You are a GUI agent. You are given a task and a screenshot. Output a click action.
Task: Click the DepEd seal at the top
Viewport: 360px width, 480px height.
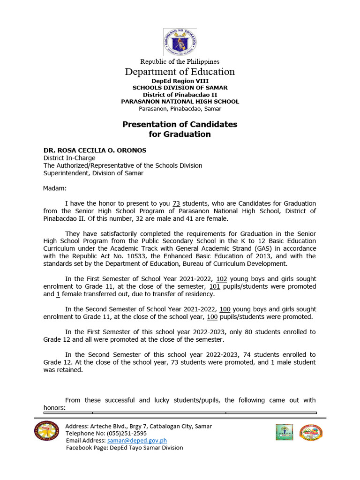[x=180, y=41]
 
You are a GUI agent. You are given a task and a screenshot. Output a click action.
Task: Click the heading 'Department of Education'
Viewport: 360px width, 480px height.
[x=180, y=72]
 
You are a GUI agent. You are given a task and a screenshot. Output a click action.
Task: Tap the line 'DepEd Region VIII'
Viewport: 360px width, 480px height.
[x=180, y=81]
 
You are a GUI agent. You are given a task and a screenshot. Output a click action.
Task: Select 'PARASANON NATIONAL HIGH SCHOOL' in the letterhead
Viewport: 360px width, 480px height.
[x=180, y=101]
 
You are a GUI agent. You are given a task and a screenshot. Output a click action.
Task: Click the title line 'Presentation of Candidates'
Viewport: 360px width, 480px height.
[x=180, y=124]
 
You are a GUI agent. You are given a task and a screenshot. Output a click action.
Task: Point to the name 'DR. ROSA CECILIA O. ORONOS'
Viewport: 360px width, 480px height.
[x=95, y=150]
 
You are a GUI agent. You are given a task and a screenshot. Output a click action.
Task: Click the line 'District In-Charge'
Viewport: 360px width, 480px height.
[x=69, y=158]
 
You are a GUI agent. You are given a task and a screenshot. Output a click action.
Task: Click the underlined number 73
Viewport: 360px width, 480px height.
[x=176, y=203]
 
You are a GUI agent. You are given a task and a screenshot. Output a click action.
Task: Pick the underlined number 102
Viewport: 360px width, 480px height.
[x=221, y=279]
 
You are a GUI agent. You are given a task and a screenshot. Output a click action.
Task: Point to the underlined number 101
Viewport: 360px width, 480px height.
[x=214, y=286]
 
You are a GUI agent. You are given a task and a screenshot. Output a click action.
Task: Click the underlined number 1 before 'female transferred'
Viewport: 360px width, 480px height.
[x=58, y=294]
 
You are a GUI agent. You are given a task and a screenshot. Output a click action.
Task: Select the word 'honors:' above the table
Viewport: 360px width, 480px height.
[x=55, y=408]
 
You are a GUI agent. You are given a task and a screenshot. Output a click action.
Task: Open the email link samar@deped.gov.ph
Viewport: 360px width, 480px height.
[x=137, y=441]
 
